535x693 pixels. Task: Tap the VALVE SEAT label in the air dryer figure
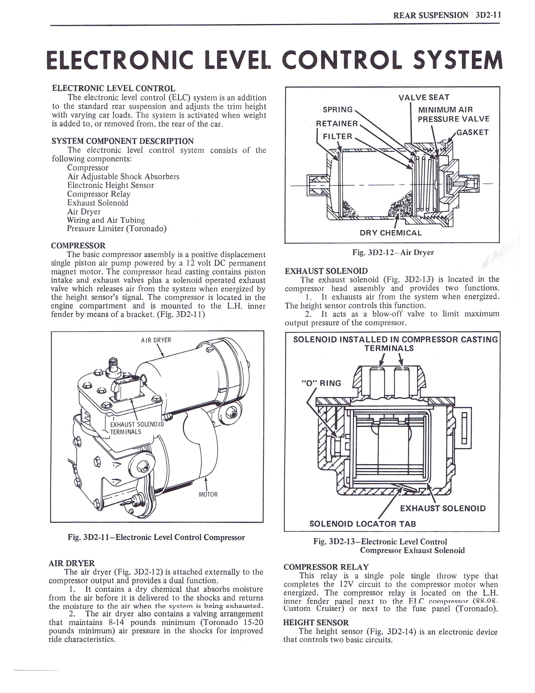pyautogui.click(x=424, y=97)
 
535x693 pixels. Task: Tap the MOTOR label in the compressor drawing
pyautogui.click(x=208, y=494)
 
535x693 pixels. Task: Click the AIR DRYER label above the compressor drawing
pyautogui.click(x=156, y=340)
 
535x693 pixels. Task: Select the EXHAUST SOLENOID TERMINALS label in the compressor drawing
pyautogui.click(x=136, y=428)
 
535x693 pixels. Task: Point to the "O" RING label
pyautogui.click(x=321, y=383)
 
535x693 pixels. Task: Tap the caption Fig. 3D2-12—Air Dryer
pyautogui.click(x=393, y=253)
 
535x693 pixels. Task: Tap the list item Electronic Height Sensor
pyautogui.click(x=111, y=185)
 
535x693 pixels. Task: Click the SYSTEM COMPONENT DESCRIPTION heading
pyautogui.click(x=122, y=141)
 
